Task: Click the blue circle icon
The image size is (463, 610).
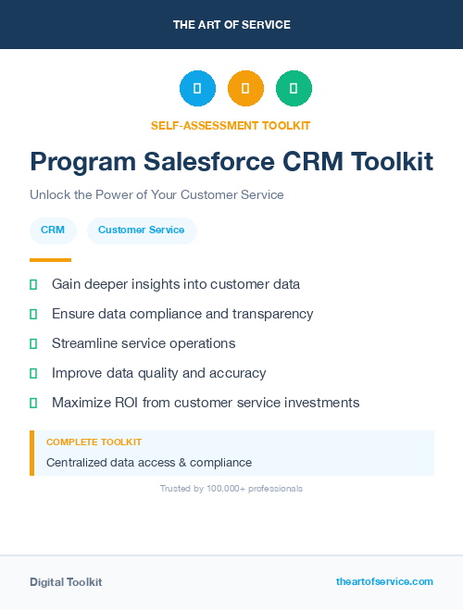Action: click(x=197, y=89)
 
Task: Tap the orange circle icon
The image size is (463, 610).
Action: click(x=245, y=89)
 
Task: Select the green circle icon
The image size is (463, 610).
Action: click(x=294, y=89)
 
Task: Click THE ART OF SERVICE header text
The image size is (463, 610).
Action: click(x=231, y=25)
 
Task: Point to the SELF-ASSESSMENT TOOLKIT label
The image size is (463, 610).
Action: click(x=231, y=125)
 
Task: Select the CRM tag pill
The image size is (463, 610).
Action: click(x=53, y=230)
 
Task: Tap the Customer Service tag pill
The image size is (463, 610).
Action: click(x=141, y=230)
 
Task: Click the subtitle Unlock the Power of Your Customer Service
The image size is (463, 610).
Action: click(x=156, y=195)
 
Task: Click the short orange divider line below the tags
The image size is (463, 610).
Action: click(x=50, y=260)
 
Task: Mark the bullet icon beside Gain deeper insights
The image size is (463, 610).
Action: click(x=33, y=284)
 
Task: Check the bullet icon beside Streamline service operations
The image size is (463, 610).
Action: click(x=33, y=343)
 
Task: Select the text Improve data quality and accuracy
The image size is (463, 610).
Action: click(x=158, y=373)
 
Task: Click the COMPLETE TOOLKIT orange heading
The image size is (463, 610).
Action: click(x=94, y=442)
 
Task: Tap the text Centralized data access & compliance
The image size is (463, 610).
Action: click(x=149, y=462)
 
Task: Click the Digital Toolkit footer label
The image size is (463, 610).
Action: click(x=66, y=582)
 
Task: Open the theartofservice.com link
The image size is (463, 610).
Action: click(x=384, y=581)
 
